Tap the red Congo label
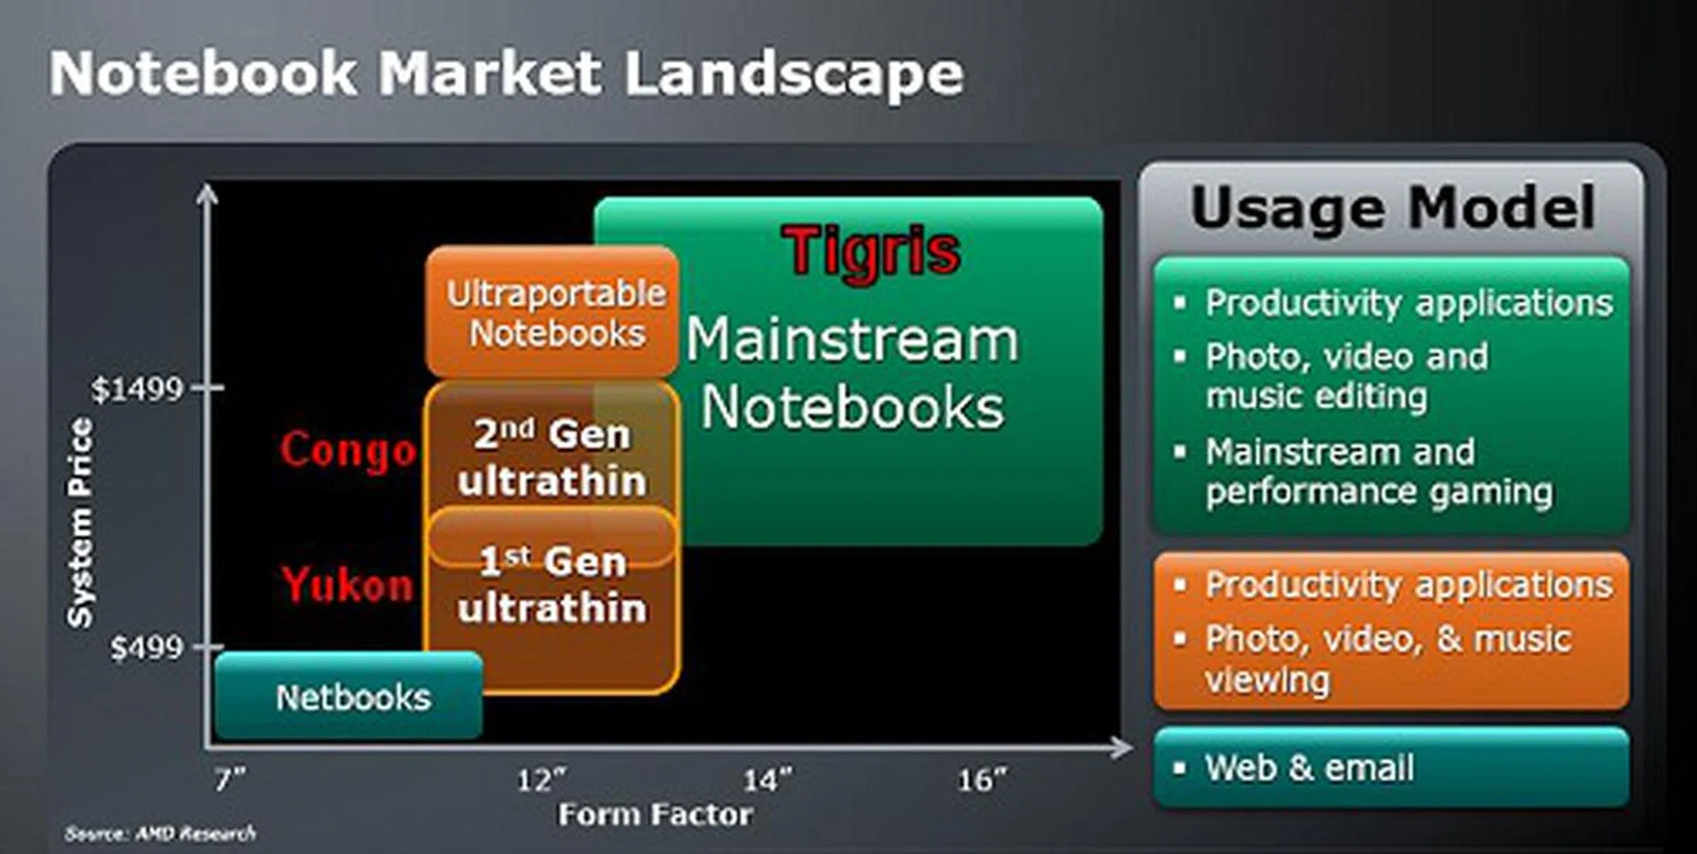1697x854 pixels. pyautogui.click(x=347, y=451)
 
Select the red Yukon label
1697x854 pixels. pyautogui.click(x=347, y=584)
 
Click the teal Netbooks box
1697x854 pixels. pyautogui.click(x=352, y=698)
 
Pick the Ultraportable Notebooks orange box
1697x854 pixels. pyautogui.click(x=554, y=313)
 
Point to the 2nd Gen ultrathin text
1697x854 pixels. pyautogui.click(x=552, y=458)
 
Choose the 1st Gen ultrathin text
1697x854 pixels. pyautogui.click(x=552, y=584)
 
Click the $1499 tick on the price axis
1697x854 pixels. pyautogui.click(x=138, y=388)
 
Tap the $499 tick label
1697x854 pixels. pyautogui.click(x=146, y=648)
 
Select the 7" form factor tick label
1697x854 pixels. pyautogui.click(x=230, y=780)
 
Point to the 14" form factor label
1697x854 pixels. pyautogui.click(x=766, y=780)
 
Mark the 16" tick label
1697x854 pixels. pyautogui.click(x=981, y=780)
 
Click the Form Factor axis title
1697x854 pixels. pyautogui.click(x=655, y=814)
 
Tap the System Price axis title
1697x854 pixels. pyautogui.click(x=80, y=522)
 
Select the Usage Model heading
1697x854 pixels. pyautogui.click(x=1392, y=209)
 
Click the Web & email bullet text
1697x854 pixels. pyautogui.click(x=1308, y=767)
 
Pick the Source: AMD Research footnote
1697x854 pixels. pyautogui.click(x=160, y=833)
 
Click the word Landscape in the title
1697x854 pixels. pyautogui.click(x=793, y=74)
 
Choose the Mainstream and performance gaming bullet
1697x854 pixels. pyautogui.click(x=1378, y=471)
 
